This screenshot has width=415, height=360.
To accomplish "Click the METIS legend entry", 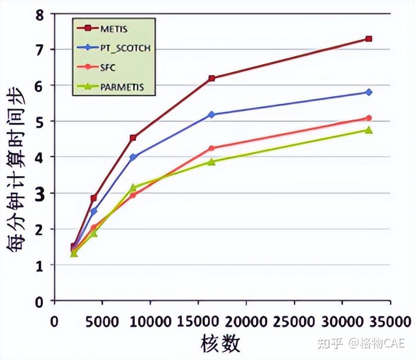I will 113,29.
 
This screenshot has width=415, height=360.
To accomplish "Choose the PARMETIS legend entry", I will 121,88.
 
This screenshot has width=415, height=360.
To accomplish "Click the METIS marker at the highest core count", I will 369,39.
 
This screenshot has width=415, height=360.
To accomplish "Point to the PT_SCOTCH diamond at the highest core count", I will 369,92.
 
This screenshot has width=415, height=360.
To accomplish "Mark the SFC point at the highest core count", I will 369,118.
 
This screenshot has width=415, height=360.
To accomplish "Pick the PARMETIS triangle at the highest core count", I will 369,130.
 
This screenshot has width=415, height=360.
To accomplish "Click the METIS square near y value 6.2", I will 211,78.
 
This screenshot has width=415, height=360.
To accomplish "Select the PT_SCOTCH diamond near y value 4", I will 132,157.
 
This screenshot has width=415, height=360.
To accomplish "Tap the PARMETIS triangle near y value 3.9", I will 211,162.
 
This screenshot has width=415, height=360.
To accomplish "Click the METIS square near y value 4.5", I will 132,138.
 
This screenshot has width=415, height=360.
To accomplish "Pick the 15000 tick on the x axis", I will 198,321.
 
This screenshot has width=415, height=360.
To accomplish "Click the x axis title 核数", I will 220,343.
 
